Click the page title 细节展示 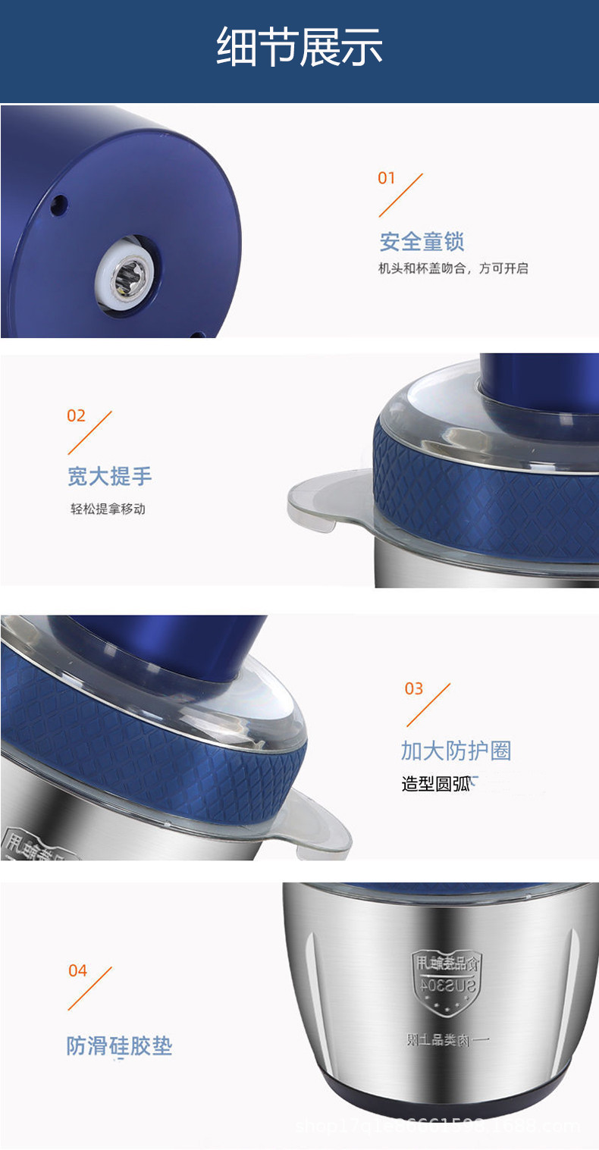pyautogui.click(x=299, y=47)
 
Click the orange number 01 pyautogui.click(x=387, y=178)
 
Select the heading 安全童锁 pyautogui.click(x=422, y=243)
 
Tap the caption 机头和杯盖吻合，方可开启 pyautogui.click(x=453, y=268)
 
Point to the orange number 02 pyautogui.click(x=77, y=415)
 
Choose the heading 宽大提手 pyautogui.click(x=110, y=477)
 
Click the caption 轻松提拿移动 pyautogui.click(x=108, y=509)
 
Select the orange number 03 pyautogui.click(x=414, y=688)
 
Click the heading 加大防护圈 pyautogui.click(x=456, y=751)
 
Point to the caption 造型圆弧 pyautogui.click(x=436, y=784)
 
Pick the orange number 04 pyautogui.click(x=78, y=971)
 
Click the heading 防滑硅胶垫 pyautogui.click(x=120, y=1047)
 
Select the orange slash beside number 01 pyautogui.click(x=401, y=195)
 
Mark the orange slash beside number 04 pyautogui.click(x=90, y=989)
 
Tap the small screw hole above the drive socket pyautogui.click(x=57, y=202)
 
